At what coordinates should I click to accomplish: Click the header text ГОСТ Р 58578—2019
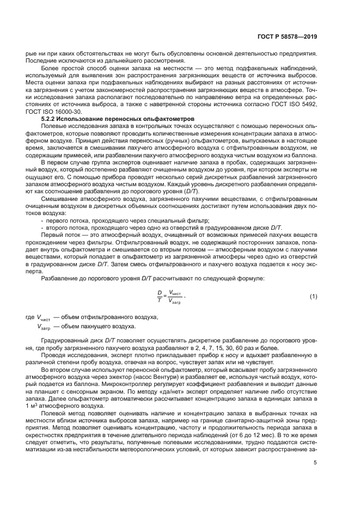click(x=288, y=37)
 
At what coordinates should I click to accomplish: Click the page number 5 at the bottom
click(x=315, y=463)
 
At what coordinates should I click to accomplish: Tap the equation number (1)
click(x=313, y=296)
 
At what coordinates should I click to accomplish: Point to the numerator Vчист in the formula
click(x=176, y=292)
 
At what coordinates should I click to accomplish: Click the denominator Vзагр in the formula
click(x=175, y=301)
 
